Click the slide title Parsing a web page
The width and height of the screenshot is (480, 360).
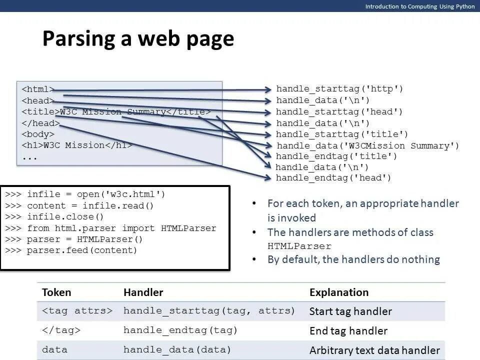click(x=138, y=39)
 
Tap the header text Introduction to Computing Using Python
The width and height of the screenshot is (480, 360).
click(x=419, y=6)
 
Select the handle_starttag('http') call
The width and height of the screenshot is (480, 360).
click(x=339, y=89)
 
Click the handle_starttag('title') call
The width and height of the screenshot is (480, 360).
click(x=342, y=134)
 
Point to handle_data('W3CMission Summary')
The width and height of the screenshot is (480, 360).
click(x=367, y=145)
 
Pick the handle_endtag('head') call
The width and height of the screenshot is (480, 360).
click(x=333, y=177)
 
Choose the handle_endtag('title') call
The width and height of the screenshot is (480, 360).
click(x=336, y=156)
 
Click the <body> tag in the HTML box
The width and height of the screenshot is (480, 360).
click(x=37, y=134)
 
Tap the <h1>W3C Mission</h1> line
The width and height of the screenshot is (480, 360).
click(x=76, y=145)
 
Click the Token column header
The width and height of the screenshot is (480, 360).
click(x=56, y=292)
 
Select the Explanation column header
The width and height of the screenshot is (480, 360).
click(x=339, y=292)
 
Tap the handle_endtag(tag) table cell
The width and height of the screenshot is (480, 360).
click(x=180, y=330)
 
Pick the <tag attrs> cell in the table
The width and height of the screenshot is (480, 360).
click(x=77, y=311)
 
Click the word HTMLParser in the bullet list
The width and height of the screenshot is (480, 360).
click(x=299, y=246)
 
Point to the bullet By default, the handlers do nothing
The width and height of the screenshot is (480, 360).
click(x=353, y=259)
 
